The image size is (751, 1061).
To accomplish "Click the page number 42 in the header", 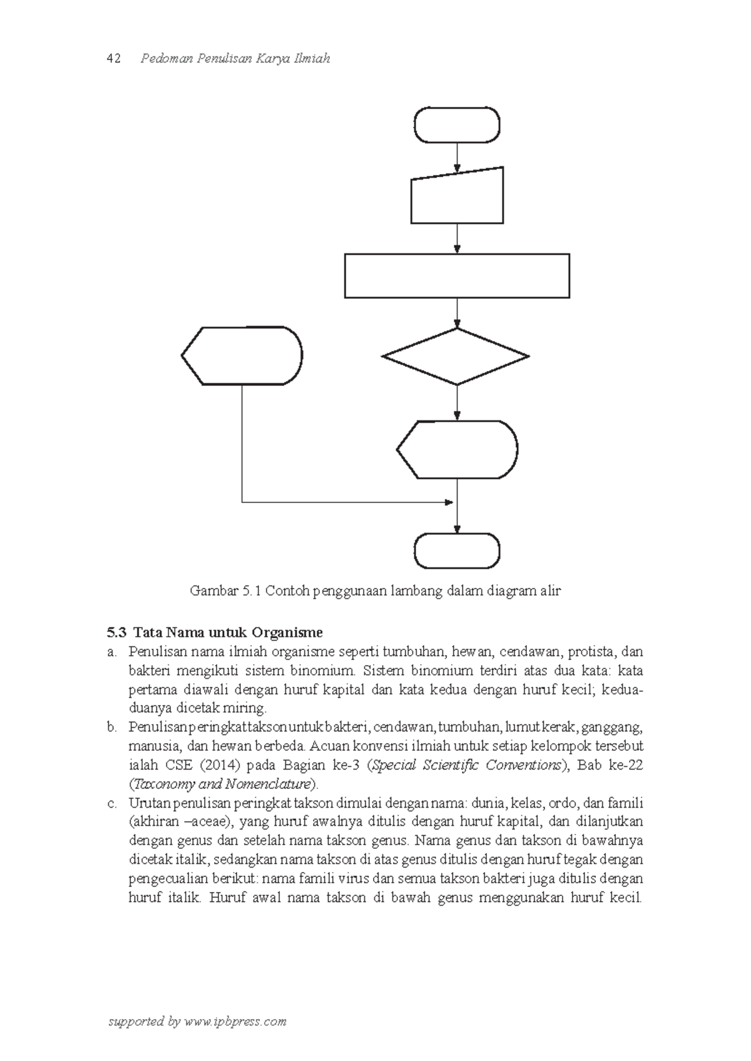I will point(114,59).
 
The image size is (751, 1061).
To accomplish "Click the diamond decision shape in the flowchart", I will point(456,357).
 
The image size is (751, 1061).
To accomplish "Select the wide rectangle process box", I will point(457,275).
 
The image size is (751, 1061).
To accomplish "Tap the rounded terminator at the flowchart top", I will point(457,125).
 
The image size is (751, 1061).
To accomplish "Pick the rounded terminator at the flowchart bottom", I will point(457,551).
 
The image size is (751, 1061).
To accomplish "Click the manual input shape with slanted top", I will point(457,197).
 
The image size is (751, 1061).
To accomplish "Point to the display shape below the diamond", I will point(457,450).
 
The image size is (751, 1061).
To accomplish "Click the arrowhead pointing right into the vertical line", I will point(449,502).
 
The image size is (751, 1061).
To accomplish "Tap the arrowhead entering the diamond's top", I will point(457,324).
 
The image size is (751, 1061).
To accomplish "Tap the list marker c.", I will point(112,803).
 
